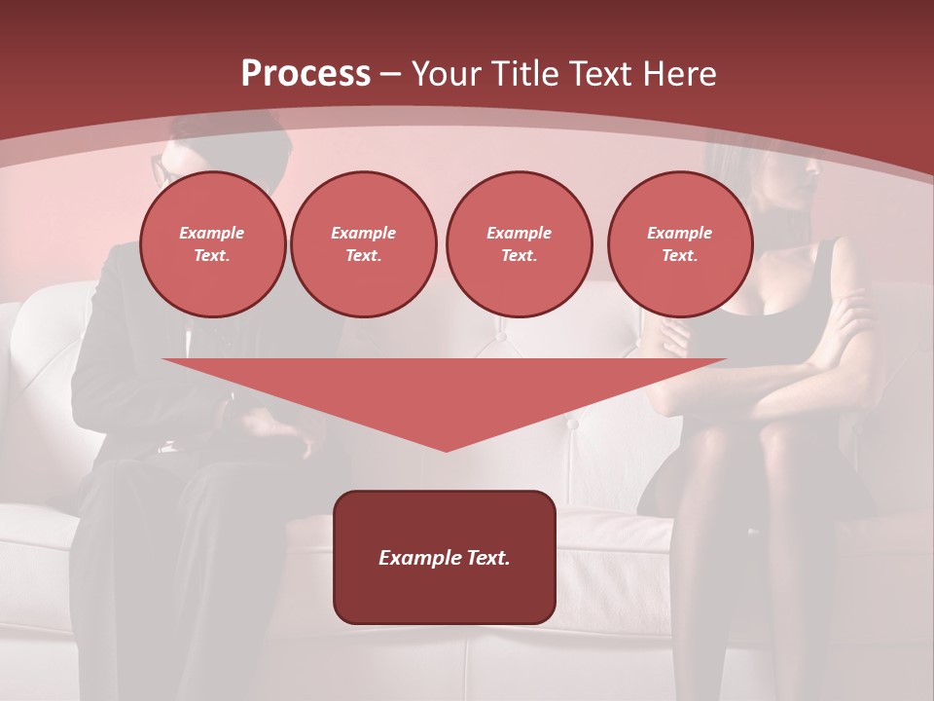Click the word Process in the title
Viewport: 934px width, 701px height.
(x=305, y=74)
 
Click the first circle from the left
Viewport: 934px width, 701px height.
(x=212, y=244)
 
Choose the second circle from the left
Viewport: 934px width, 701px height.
(x=363, y=244)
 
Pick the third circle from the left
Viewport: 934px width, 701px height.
(x=519, y=244)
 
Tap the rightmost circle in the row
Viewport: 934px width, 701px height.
(x=679, y=244)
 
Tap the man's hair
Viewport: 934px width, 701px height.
(x=233, y=136)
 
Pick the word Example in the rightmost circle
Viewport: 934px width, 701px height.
(x=679, y=233)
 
